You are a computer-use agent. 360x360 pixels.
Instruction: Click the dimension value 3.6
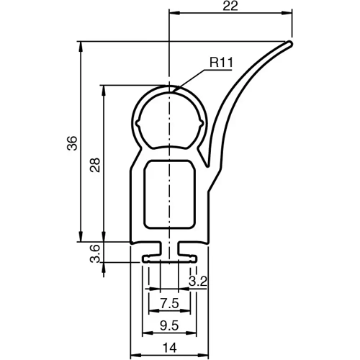[x=94, y=254]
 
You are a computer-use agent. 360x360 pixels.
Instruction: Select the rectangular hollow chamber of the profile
[x=169, y=194]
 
